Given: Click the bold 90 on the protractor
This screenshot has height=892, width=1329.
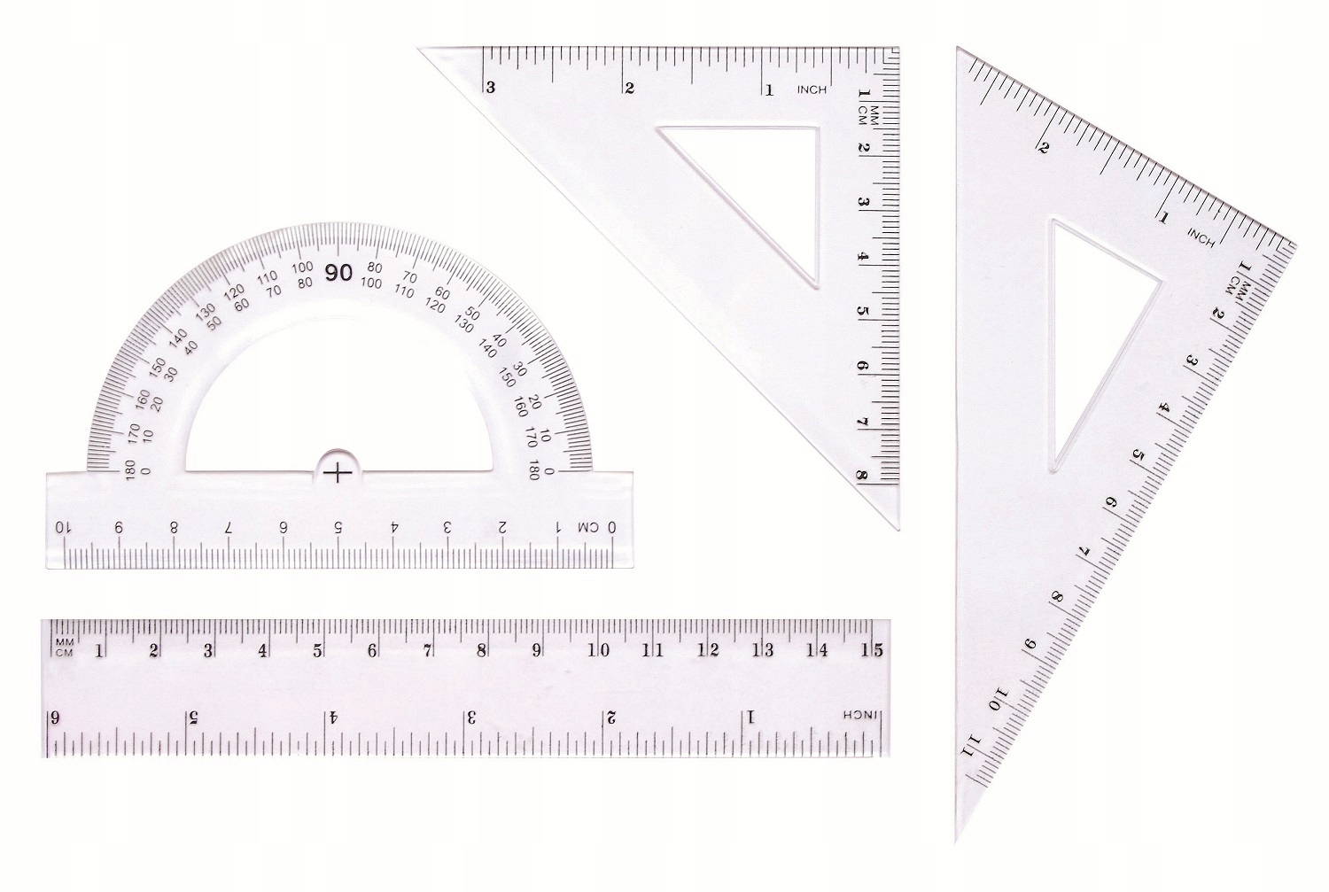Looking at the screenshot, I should click(338, 273).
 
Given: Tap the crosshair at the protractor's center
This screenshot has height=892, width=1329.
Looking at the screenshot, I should click(338, 473).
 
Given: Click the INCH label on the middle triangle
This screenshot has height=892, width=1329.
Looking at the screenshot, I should click(812, 89).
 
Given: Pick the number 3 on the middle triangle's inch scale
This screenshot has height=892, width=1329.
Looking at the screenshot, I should click(490, 88).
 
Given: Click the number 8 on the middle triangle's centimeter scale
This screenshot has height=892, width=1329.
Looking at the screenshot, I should click(862, 476).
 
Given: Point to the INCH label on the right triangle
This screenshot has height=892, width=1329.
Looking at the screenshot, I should click(1201, 237).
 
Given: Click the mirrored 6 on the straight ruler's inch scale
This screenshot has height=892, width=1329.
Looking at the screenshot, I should click(55, 717).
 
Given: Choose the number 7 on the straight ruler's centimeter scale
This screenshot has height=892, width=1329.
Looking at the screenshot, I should click(427, 650).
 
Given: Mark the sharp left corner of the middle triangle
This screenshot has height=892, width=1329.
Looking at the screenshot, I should click(422, 50).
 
